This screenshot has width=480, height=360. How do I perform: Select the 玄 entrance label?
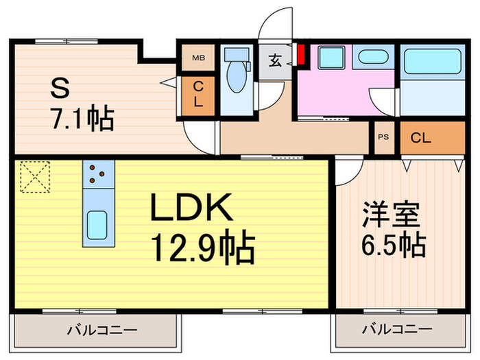[x=274, y=60]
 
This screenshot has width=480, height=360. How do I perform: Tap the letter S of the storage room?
[x=60, y=88]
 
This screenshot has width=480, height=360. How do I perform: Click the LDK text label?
[x=194, y=208]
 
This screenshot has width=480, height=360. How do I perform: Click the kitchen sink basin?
[x=98, y=224]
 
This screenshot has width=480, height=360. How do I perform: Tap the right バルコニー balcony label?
[x=397, y=331]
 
